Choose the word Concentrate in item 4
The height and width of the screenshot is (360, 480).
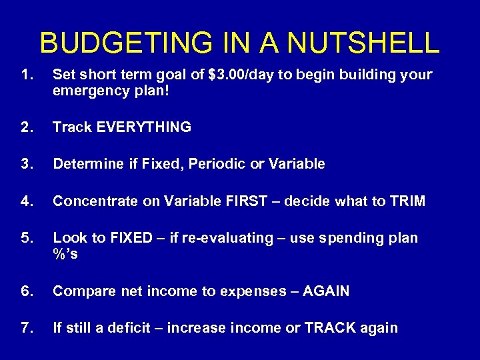[x=91, y=201]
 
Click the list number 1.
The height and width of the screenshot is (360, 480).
[x=27, y=75]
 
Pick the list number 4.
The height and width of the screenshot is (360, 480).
[x=27, y=201]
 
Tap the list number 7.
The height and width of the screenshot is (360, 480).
[x=27, y=328]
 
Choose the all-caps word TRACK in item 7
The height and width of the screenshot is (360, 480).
[x=326, y=328]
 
